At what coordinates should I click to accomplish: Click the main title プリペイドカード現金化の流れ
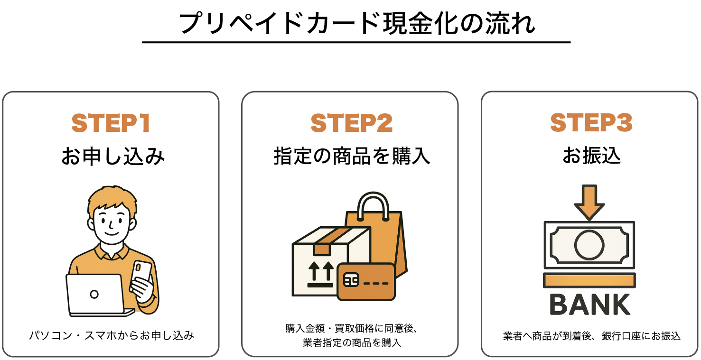pos(356,23)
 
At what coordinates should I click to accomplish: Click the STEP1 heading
pos(111,123)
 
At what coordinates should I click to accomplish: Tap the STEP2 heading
pos(351,123)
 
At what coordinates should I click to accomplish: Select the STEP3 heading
pos(591,123)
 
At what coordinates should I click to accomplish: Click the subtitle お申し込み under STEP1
pos(112,157)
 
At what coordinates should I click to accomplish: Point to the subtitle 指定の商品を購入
pos(352,157)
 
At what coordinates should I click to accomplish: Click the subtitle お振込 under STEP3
pos(591,157)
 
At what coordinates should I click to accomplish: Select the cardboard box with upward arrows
pos(318,266)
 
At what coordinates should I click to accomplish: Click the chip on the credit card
pos(351,280)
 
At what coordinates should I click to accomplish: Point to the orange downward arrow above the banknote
pos(589,202)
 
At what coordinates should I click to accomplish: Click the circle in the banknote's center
pos(589,245)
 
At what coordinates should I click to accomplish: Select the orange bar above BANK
pos(589,280)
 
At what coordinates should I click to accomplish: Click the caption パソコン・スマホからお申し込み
pos(112,336)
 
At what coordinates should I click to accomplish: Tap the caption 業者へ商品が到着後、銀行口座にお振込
pos(591,336)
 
